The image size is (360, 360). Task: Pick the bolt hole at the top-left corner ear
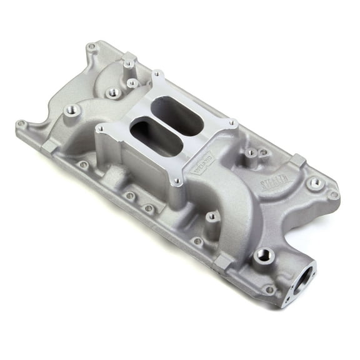click(91, 47)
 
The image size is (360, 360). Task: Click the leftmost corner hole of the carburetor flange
click(99, 128)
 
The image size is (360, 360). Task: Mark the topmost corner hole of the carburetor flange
click(157, 74)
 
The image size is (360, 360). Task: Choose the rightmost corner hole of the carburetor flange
click(232, 122)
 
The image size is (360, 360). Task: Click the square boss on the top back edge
click(129, 59)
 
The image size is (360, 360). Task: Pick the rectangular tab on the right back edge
click(298, 160)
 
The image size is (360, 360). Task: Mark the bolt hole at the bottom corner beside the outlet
click(269, 290)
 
